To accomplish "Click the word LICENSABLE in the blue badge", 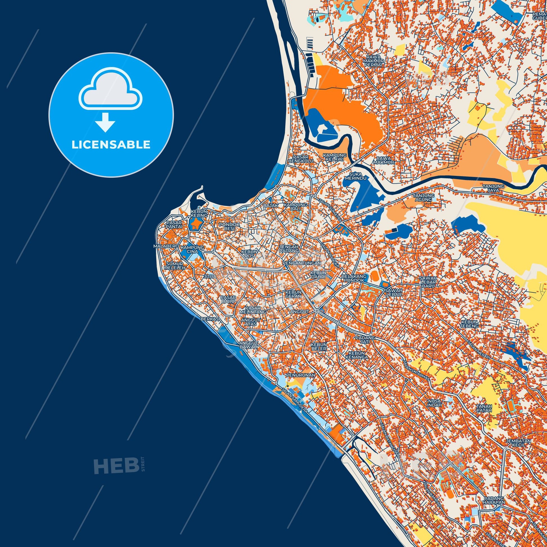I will [111, 145].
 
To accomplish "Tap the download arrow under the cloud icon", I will [105, 122].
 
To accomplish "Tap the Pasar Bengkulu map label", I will [301, 159].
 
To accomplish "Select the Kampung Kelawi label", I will [335, 157].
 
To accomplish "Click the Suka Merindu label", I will [356, 176].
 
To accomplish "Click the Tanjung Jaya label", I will [494, 188].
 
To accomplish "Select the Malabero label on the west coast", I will [166, 246].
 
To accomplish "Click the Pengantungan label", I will [304, 263].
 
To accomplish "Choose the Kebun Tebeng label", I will [470, 324].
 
